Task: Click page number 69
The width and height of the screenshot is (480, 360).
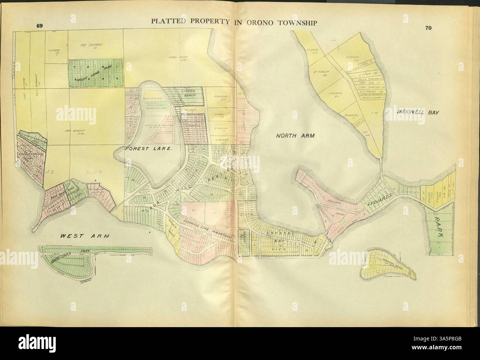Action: (40, 26)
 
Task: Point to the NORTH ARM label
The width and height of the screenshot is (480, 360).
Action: (295, 136)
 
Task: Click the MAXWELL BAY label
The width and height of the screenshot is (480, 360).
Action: (418, 112)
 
